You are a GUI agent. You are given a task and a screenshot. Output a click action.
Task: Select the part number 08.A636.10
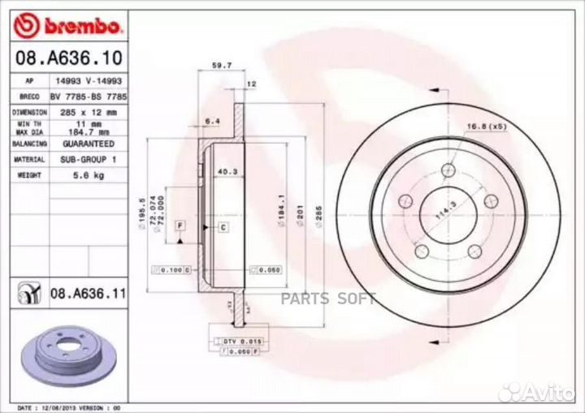click(69, 58)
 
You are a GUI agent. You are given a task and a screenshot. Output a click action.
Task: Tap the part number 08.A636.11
click(89, 294)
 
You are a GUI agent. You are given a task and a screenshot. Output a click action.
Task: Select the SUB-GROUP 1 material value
click(89, 159)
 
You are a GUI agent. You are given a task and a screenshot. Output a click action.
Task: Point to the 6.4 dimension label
click(214, 121)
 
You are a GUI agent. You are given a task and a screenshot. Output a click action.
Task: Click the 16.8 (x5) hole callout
click(487, 126)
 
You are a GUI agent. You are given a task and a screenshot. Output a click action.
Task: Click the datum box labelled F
click(180, 224)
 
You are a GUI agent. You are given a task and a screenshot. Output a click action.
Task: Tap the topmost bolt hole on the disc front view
click(448, 170)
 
